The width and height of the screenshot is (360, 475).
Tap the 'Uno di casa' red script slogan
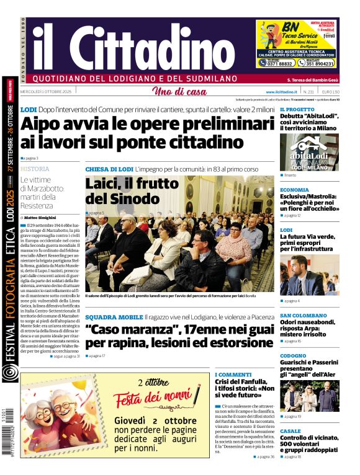pyautogui.click(x=179, y=92)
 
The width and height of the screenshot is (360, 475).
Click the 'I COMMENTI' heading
pyautogui.click(x=233, y=375)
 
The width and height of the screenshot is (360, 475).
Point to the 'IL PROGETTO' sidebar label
pyautogui.click(x=297, y=110)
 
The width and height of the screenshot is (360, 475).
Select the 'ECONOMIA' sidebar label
pyautogui.click(x=294, y=190)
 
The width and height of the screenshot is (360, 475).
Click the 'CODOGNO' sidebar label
pyautogui.click(x=293, y=356)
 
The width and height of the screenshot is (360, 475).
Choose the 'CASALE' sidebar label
pyautogui.click(x=290, y=431)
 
